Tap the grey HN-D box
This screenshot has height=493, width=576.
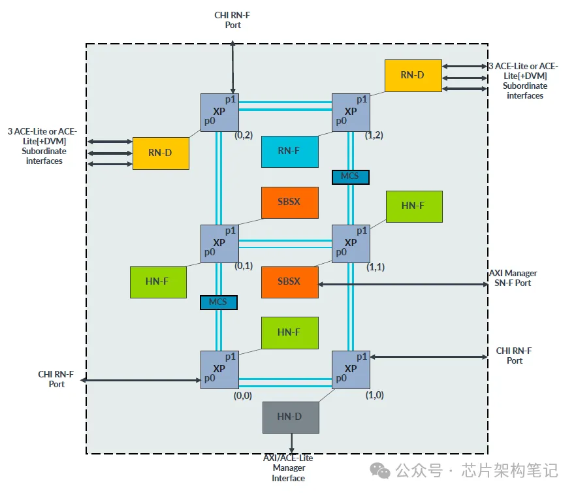click(291, 417)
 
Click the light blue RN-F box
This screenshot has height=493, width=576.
click(289, 151)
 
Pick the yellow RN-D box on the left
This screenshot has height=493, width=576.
click(161, 153)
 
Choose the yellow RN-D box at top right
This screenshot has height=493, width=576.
click(413, 75)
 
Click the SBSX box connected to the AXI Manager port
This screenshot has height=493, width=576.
click(289, 282)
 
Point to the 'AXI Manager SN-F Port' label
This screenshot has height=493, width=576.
click(513, 278)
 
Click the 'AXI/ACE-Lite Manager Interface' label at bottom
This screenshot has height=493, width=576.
click(288, 468)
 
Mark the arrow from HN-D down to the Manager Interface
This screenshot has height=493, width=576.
click(291, 443)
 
